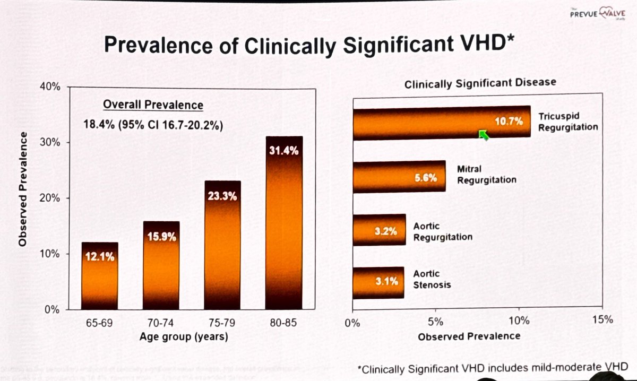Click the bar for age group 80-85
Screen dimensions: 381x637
284,223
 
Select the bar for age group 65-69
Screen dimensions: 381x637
99,276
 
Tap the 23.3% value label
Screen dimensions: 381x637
222,195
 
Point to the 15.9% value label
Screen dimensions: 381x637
161,235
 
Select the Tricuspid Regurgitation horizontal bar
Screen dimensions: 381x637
441,123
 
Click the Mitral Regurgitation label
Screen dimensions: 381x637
486,175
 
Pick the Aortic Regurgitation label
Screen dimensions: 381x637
443,231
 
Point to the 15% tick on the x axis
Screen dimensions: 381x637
602,320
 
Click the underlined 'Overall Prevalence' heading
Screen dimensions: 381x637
153,105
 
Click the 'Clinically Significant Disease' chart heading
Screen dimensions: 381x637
480,83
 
